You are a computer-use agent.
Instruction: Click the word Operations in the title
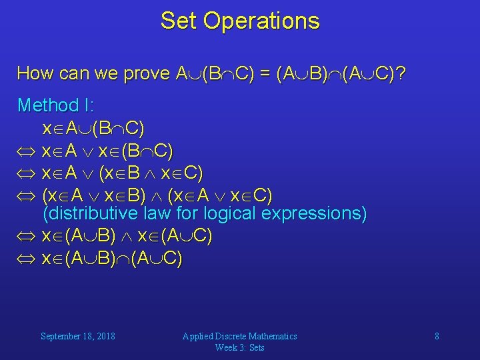pos(261,21)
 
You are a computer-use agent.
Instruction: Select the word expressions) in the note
pos(314,214)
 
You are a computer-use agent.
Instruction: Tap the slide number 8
pos(437,336)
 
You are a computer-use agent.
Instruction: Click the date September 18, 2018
pos(77,336)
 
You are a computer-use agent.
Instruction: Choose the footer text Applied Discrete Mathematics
pos(239,336)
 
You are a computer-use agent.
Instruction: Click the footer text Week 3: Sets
pos(239,347)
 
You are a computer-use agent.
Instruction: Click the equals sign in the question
pos(264,73)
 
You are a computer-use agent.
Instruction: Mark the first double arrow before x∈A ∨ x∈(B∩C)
pos(26,152)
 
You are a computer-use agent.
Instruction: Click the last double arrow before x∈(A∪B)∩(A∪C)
pos(26,258)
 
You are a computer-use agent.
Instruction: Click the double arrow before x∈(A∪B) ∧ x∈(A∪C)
pos(26,237)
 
